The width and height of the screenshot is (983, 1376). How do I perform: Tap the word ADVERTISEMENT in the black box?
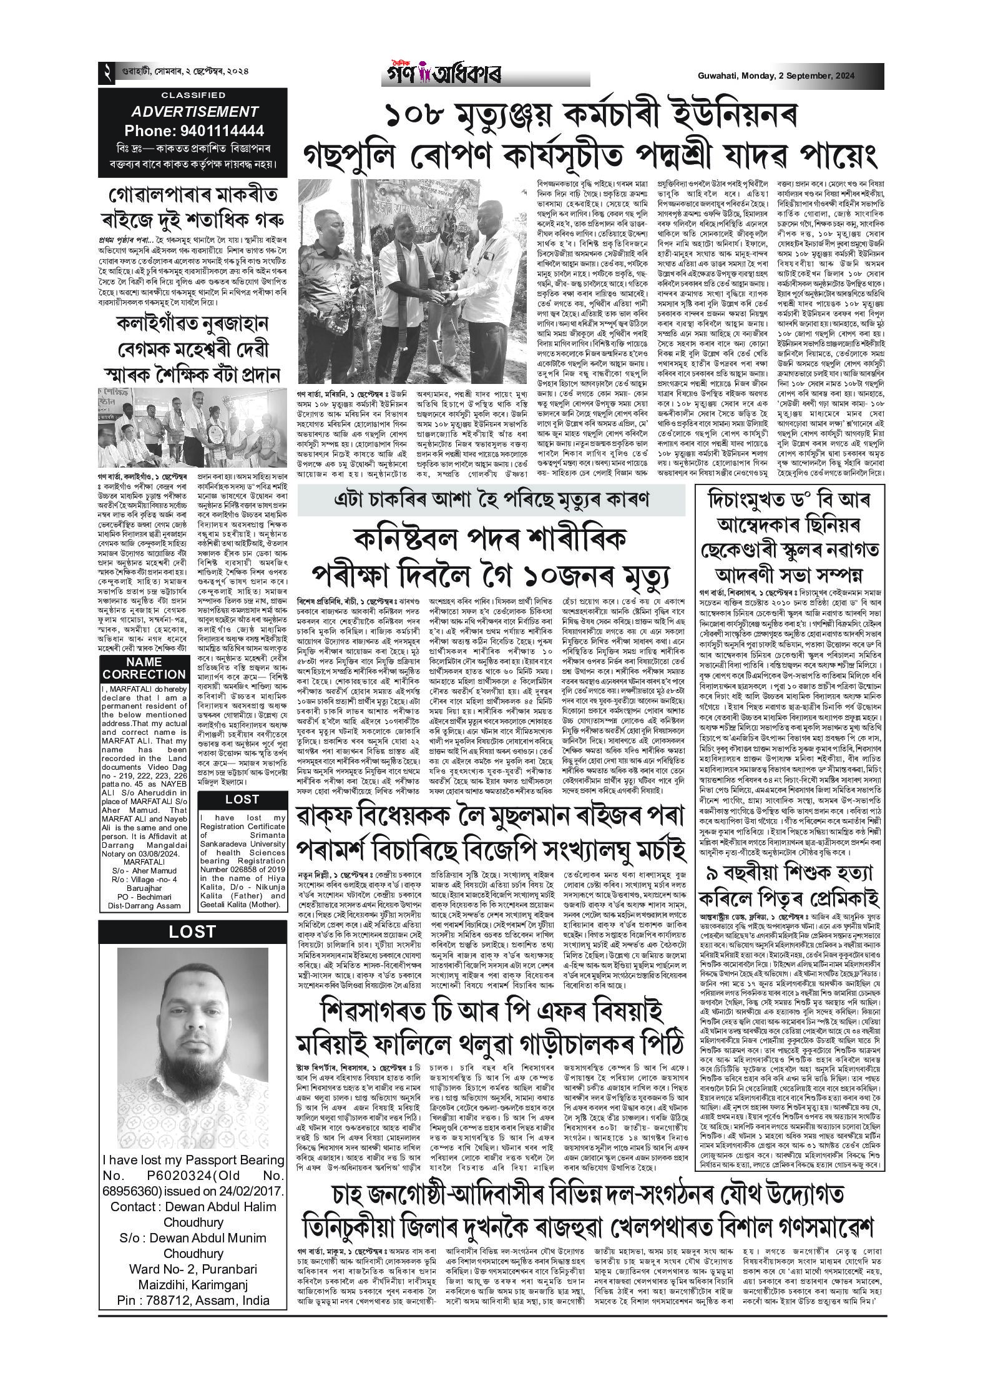[194, 112]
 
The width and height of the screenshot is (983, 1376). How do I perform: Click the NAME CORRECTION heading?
[144, 669]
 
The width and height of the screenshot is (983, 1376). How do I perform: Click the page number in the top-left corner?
[107, 74]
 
